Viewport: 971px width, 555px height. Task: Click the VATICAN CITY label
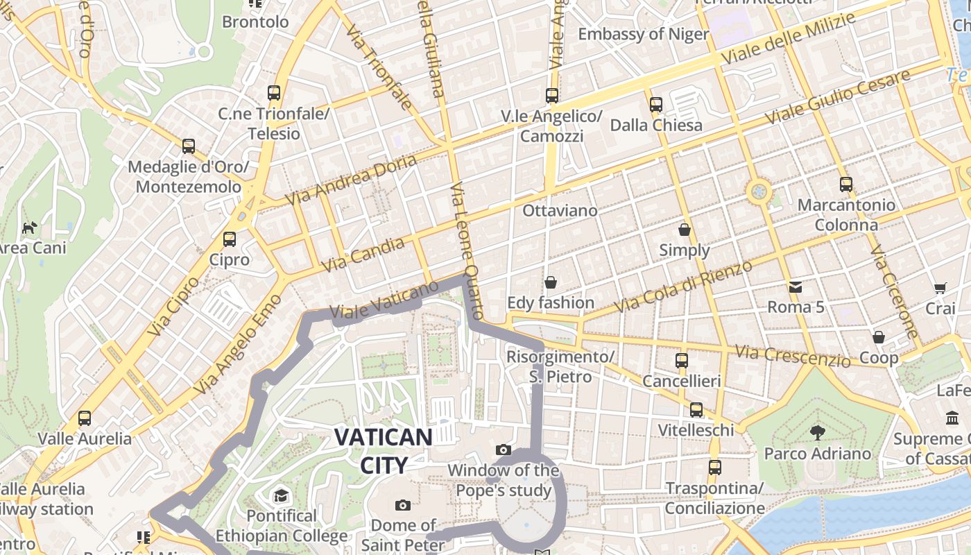coord(383,450)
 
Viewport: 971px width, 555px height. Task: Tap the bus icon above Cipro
coord(229,239)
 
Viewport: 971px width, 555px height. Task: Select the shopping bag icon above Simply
coord(685,230)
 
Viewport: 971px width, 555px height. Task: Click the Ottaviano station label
coord(560,210)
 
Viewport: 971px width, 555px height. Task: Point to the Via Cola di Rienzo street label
coord(683,286)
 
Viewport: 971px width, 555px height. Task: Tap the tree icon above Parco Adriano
coord(818,433)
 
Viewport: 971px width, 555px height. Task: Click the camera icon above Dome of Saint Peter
coord(402,505)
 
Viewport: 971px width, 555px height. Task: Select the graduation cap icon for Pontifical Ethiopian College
coord(281,495)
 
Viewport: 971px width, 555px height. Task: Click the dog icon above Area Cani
coord(29,228)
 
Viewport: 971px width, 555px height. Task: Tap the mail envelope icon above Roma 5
coord(795,286)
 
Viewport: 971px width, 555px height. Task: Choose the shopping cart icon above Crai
coord(940,288)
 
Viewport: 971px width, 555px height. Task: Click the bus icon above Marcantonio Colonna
coord(845,185)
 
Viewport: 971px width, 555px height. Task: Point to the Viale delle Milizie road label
coord(789,40)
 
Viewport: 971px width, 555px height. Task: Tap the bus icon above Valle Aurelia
coord(85,418)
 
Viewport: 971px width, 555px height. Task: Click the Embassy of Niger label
coord(643,34)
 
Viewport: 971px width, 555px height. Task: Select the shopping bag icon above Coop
coord(879,337)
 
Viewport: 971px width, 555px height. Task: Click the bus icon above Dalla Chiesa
coord(655,105)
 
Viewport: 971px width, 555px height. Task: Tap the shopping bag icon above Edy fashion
coord(551,282)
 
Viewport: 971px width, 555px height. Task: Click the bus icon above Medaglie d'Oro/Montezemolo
coord(188,146)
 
